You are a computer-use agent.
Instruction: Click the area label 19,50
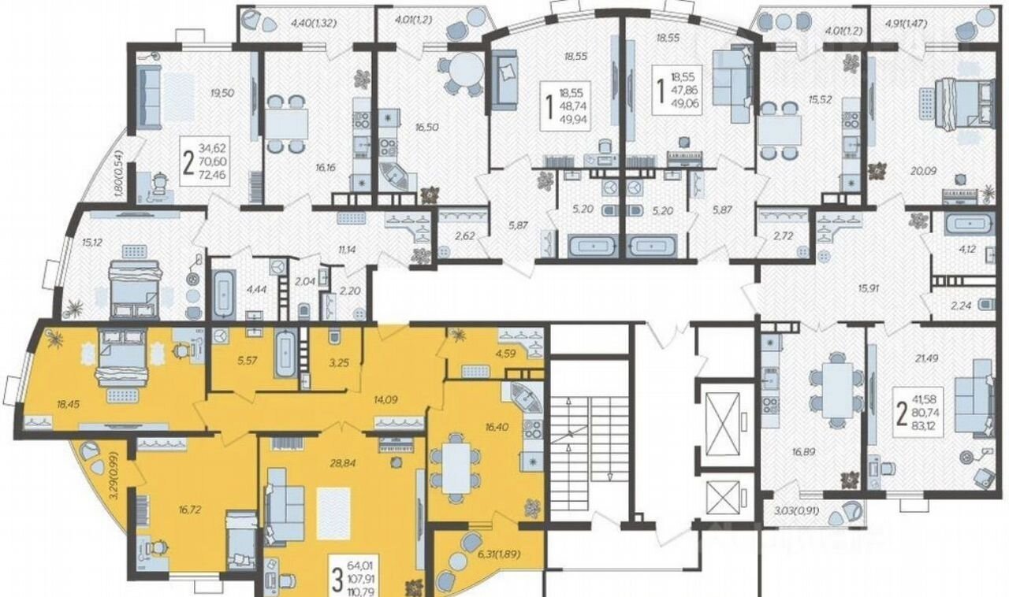click(222, 93)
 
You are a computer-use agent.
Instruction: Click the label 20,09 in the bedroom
click(924, 171)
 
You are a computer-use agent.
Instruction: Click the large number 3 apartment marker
click(337, 580)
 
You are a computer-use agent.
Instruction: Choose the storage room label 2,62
click(464, 236)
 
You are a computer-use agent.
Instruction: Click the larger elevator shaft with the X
click(722, 423)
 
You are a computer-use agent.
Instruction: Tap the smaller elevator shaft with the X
click(723, 497)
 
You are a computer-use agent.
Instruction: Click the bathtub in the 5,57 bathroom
click(285, 354)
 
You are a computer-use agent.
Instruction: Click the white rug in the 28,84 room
click(333, 514)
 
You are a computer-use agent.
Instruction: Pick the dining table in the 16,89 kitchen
click(837, 391)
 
